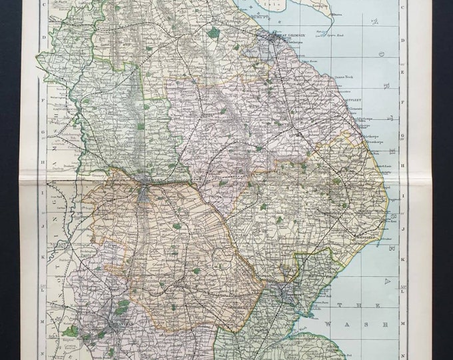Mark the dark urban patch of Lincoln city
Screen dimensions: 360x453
(x=145, y=194)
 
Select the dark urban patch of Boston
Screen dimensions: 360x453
(x=286, y=291)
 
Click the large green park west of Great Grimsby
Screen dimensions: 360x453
(x=213, y=32)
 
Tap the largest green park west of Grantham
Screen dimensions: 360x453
(x=70, y=331)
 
